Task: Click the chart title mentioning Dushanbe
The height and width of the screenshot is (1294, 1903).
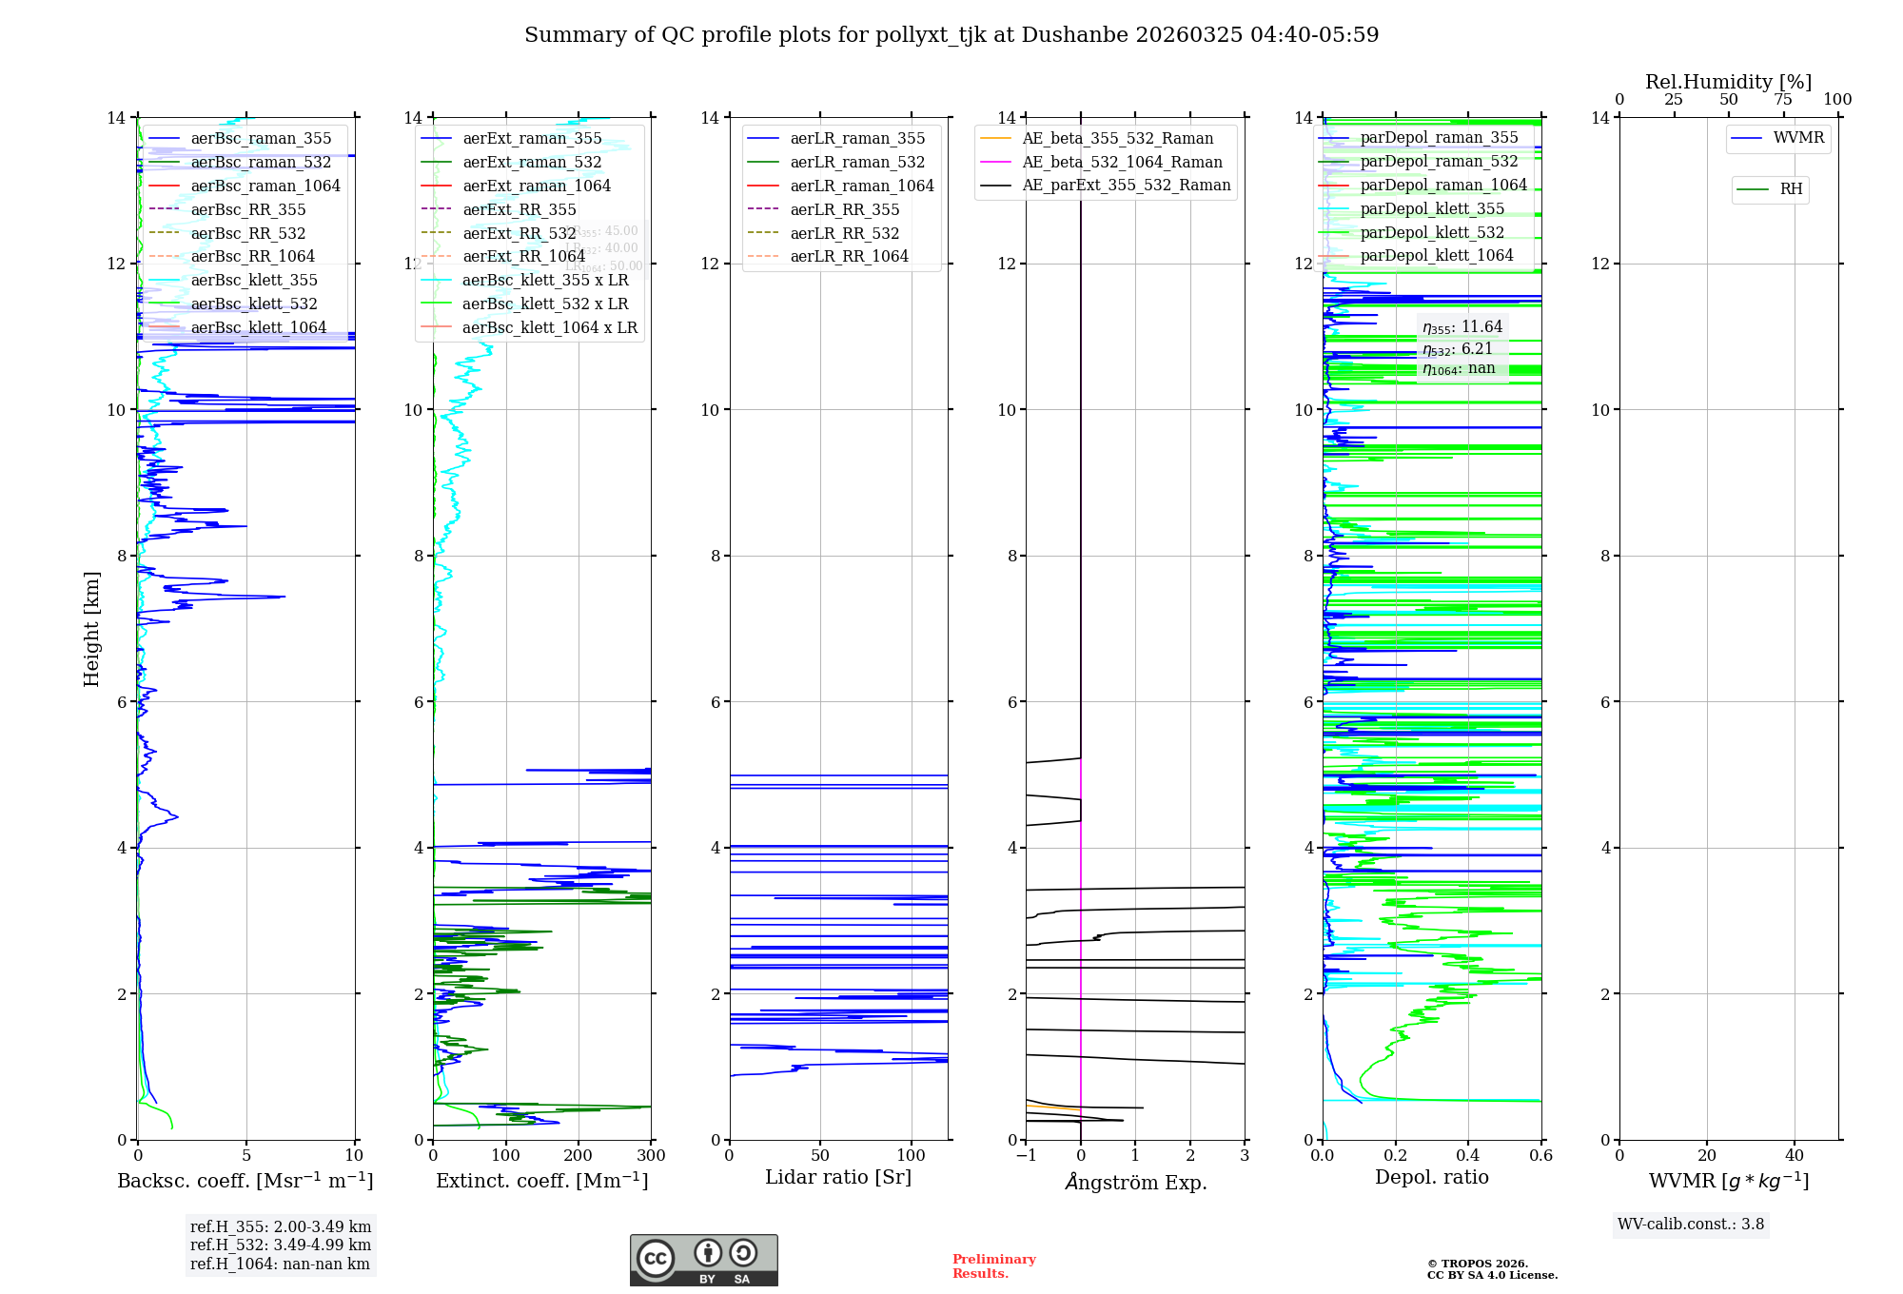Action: coord(951,35)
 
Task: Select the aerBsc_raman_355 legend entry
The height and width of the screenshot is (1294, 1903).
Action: coord(261,139)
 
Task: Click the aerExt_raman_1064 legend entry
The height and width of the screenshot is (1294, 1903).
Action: coord(537,186)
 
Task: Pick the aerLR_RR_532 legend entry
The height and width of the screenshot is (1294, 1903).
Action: coord(844,233)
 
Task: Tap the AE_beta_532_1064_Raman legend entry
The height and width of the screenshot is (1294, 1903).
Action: coord(1122,163)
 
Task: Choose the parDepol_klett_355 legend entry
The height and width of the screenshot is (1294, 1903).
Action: coord(1432,209)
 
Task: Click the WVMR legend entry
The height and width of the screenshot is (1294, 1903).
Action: coord(1798,138)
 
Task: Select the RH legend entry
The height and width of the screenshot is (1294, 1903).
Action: coord(1791,189)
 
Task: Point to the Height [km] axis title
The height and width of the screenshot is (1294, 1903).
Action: coord(91,628)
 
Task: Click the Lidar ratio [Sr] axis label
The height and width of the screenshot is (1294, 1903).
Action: coord(838,1178)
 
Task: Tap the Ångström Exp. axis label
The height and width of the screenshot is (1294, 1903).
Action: coord(1136,1183)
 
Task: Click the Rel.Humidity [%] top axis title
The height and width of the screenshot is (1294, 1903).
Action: coord(1728,82)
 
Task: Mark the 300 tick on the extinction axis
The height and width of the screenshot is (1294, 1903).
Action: coord(652,1156)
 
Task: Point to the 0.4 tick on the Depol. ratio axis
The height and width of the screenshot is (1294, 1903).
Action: coord(1468,1156)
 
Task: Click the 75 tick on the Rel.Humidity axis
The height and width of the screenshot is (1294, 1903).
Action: coord(1783,100)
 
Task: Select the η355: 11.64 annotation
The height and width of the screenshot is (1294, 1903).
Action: coord(1462,328)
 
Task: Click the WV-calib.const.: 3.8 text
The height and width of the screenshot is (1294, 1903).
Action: coord(1691,1225)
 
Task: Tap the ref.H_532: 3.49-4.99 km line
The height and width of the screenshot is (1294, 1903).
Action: coord(281,1245)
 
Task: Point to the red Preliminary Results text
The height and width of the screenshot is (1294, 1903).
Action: coord(993,1266)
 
